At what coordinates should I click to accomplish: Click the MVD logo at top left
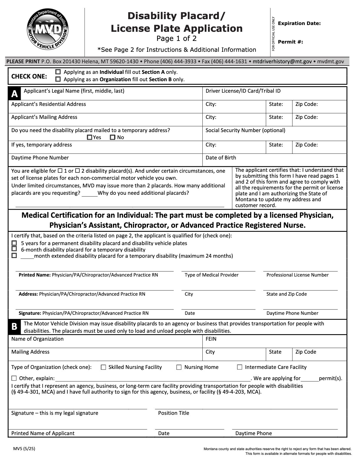tap(48, 30)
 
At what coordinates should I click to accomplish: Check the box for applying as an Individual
tap(58, 72)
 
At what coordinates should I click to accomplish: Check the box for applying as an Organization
tap(58, 79)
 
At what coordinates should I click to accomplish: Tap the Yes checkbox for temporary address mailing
tap(90, 137)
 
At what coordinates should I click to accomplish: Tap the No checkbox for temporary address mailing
tap(112, 137)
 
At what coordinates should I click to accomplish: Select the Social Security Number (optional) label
tap(245, 130)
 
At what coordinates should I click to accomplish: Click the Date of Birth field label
tap(221, 158)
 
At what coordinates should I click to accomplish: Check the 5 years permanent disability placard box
tap(14, 243)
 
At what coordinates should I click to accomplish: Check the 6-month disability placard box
tap(14, 249)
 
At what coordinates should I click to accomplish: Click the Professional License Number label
tap(297, 275)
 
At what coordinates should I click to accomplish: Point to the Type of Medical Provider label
tap(211, 275)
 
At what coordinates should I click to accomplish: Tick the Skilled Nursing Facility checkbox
tap(103, 367)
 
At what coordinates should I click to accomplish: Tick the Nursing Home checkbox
tap(179, 367)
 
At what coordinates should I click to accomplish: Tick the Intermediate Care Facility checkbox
tap(240, 367)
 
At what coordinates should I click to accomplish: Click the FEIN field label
tap(211, 339)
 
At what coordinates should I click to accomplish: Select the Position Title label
tap(174, 413)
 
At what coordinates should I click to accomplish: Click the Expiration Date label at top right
tap(299, 24)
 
